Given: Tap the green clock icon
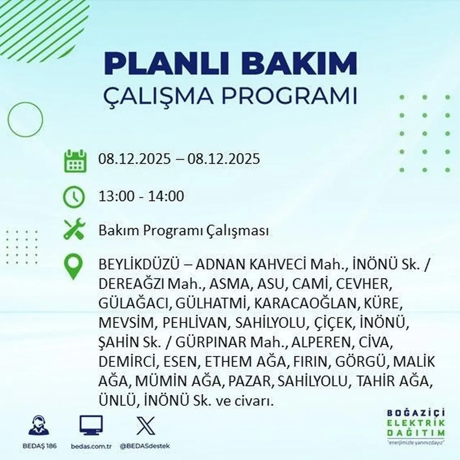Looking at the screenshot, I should click(74, 197).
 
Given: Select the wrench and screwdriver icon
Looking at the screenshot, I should click(74, 229).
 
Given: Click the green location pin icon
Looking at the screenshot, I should click(73, 267).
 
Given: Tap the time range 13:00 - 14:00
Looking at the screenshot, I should click(141, 196).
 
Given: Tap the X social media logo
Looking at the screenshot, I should click(146, 426).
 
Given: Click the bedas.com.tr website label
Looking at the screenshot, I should click(92, 446).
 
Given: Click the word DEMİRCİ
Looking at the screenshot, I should click(127, 362).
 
